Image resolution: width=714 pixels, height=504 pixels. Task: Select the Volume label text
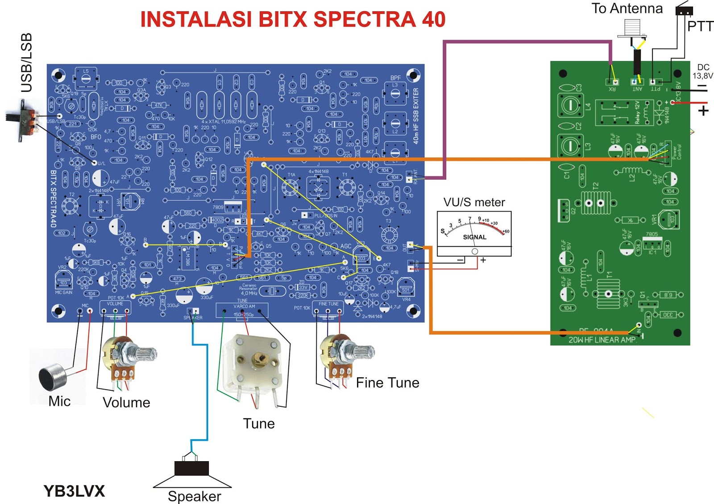(x=126, y=402)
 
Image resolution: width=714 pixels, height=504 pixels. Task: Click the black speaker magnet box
(x=191, y=468)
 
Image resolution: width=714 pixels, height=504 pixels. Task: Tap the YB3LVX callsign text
(x=74, y=491)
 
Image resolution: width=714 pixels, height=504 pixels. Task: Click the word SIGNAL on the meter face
(x=474, y=237)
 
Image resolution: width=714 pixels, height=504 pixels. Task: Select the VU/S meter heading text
(x=474, y=202)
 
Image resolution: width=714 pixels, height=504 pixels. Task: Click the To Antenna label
(x=627, y=8)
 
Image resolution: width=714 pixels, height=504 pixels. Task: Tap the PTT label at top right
(x=700, y=27)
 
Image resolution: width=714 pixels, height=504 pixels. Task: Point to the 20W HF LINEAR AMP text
(x=602, y=340)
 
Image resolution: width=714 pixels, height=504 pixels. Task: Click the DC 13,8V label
(x=703, y=71)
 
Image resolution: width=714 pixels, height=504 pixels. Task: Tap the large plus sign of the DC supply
(x=703, y=110)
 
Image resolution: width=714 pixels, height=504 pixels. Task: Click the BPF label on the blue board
(x=395, y=78)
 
